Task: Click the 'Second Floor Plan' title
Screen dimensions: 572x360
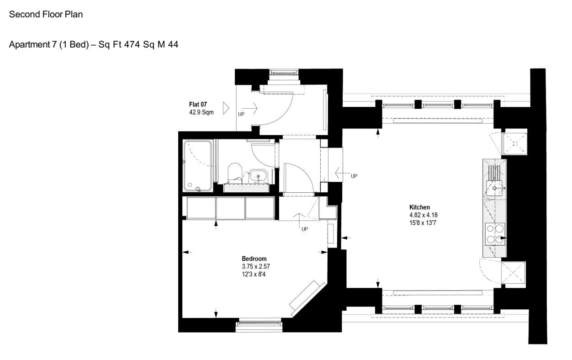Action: click(x=46, y=14)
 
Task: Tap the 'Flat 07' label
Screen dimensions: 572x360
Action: click(x=198, y=105)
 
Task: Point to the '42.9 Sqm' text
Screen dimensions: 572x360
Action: click(x=201, y=112)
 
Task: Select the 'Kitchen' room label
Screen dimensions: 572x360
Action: click(x=419, y=207)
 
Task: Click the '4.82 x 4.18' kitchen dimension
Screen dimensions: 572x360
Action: click(x=424, y=215)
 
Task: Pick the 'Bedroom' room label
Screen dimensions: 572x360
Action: click(x=254, y=259)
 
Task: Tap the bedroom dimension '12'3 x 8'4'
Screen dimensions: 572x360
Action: click(x=254, y=275)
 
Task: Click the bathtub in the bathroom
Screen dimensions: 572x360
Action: click(x=198, y=166)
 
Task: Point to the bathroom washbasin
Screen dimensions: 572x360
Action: click(x=258, y=176)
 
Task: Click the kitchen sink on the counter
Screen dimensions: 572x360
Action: click(x=494, y=188)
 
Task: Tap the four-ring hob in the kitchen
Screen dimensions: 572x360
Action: click(x=495, y=234)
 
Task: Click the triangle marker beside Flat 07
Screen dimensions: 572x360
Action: click(x=226, y=108)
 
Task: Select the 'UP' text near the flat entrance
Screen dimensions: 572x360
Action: click(x=241, y=114)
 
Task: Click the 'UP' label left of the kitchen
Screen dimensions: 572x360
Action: click(x=354, y=176)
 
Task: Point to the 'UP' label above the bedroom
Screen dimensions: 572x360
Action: click(x=305, y=229)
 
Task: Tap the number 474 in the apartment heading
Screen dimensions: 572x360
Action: click(x=132, y=44)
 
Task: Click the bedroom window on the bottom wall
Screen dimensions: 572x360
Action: click(x=259, y=324)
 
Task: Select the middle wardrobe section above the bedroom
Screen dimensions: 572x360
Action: click(x=231, y=208)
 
